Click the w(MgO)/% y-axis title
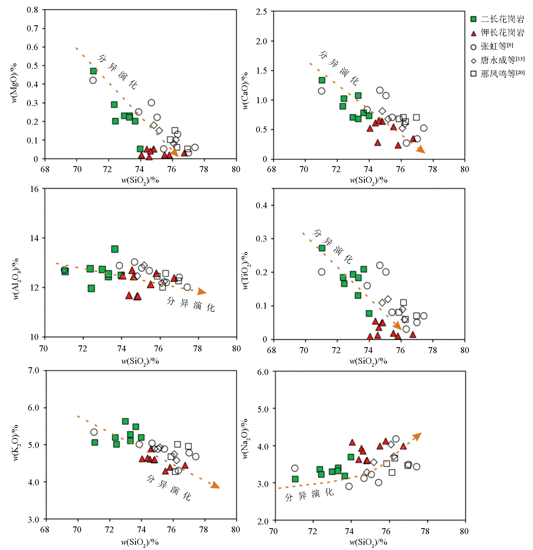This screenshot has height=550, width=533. (x=14, y=83)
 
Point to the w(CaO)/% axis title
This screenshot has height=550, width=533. (x=245, y=91)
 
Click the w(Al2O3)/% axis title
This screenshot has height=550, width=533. (x=16, y=279)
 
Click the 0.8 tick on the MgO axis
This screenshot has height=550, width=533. (x=32, y=10)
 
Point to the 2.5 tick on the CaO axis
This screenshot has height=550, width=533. (x=261, y=12)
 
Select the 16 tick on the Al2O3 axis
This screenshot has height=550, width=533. (x=34, y=189)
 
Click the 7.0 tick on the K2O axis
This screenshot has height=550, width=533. (x=33, y=370)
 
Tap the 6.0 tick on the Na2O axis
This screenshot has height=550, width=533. (x=263, y=372)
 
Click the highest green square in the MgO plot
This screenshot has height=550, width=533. (x=93, y=71)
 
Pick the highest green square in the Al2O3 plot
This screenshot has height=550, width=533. (x=115, y=249)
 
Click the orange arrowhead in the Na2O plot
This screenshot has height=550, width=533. (x=417, y=436)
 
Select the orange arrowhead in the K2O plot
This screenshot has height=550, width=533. (x=215, y=485)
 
